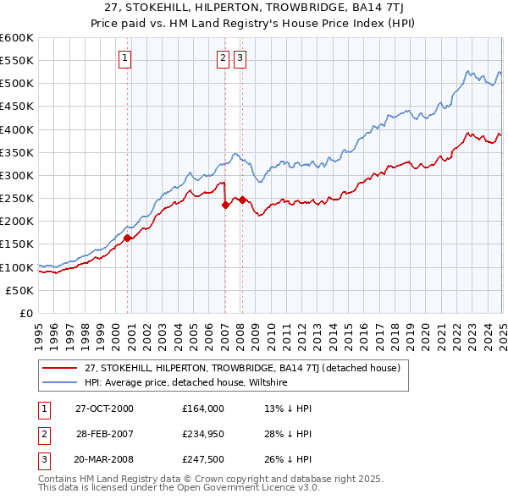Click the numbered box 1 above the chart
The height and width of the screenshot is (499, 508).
click(124, 58)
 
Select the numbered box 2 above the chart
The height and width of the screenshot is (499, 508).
click(223, 58)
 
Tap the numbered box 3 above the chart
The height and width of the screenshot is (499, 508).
click(240, 58)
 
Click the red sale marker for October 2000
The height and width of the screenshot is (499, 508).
click(128, 238)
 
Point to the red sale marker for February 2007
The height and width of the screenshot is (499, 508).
click(225, 205)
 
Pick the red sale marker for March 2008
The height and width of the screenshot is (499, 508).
click(242, 200)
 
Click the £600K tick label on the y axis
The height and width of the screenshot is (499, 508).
click(17, 38)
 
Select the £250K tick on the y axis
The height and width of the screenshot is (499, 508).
click(17, 198)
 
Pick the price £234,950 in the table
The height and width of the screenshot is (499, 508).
click(203, 434)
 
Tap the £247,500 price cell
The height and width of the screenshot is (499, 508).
click(203, 460)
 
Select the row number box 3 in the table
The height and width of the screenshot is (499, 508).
click(42, 460)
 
